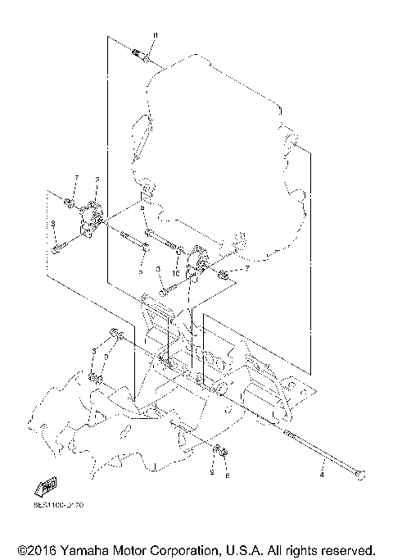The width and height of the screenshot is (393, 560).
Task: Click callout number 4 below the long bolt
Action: pos(323,473)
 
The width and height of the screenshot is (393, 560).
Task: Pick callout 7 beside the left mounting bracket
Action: pos(76,178)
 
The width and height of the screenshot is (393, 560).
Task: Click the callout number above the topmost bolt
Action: pos(156,34)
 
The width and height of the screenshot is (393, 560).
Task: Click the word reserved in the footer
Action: pos(346,549)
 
